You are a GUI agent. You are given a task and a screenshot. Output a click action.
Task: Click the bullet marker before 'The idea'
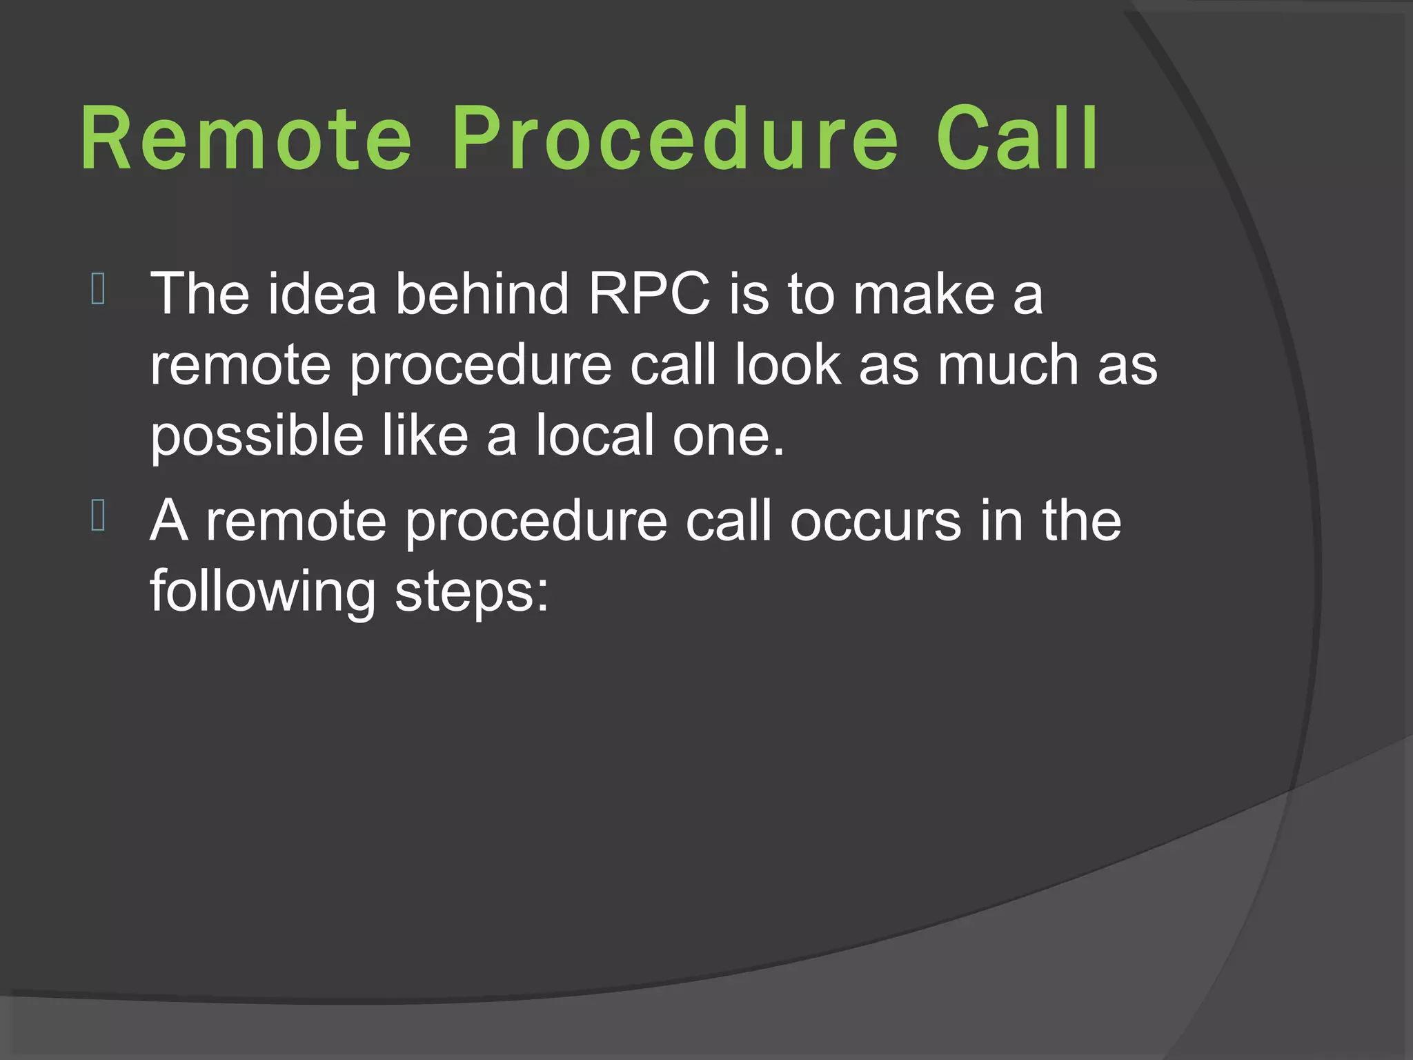(x=98, y=289)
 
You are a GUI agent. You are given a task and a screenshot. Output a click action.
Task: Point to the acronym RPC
(x=649, y=293)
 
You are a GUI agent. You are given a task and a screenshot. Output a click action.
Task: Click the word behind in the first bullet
(x=482, y=293)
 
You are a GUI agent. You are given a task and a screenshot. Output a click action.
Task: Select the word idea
(x=322, y=293)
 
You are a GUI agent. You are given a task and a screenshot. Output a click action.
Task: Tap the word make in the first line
(x=924, y=293)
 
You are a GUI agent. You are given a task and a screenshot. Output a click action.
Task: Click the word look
(x=787, y=364)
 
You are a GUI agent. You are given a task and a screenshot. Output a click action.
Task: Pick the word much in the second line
(x=1007, y=364)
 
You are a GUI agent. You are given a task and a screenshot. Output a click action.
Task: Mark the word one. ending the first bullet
(x=729, y=436)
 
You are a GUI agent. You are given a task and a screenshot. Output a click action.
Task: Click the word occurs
(x=875, y=520)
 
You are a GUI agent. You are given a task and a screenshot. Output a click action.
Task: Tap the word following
(x=263, y=592)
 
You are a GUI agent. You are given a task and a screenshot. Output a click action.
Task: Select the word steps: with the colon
(x=472, y=592)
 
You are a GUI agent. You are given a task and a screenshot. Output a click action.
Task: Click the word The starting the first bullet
(x=199, y=293)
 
